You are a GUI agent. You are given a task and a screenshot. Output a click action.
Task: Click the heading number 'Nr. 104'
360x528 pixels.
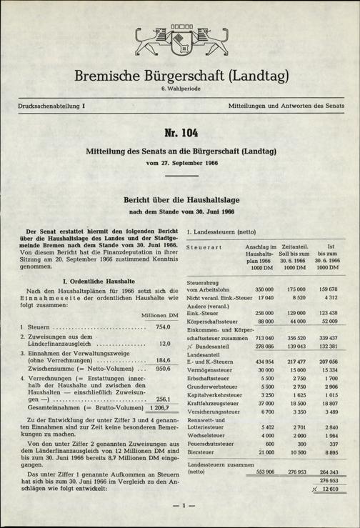point(179,134)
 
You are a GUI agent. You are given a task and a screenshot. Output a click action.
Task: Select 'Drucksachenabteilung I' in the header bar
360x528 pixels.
point(47,106)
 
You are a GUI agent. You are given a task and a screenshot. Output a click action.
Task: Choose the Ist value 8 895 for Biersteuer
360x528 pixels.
point(329,453)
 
